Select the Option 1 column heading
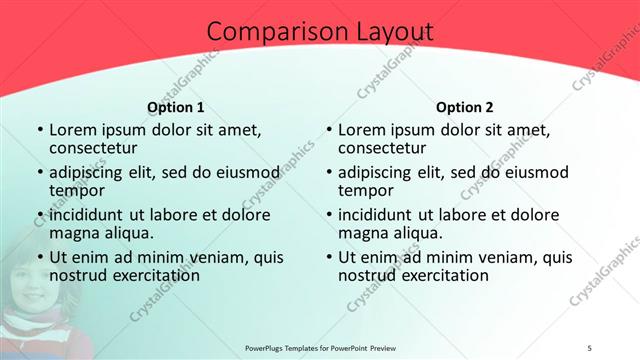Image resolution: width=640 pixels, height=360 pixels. pos(175,107)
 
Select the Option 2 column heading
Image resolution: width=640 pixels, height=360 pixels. pos(464,107)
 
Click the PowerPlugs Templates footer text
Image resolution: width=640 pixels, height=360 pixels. pos(318,348)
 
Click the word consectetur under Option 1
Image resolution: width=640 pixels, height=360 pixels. pos(98,149)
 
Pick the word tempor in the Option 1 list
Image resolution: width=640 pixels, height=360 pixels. pos(75,191)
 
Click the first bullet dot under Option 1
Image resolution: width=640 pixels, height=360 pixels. pos(39,130)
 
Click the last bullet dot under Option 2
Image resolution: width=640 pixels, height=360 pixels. pos(328,257)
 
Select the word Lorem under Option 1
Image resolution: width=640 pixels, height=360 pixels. pos(73,129)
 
